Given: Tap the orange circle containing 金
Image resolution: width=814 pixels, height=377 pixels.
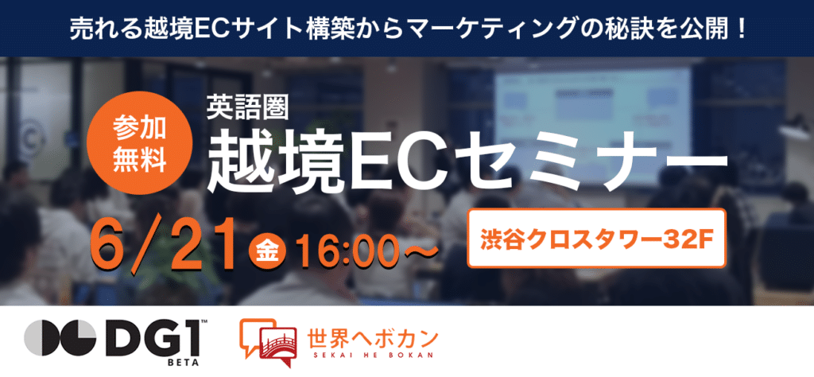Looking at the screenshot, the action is coord(269,252).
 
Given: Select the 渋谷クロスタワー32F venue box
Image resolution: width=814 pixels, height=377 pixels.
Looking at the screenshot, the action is coord(596,238).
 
